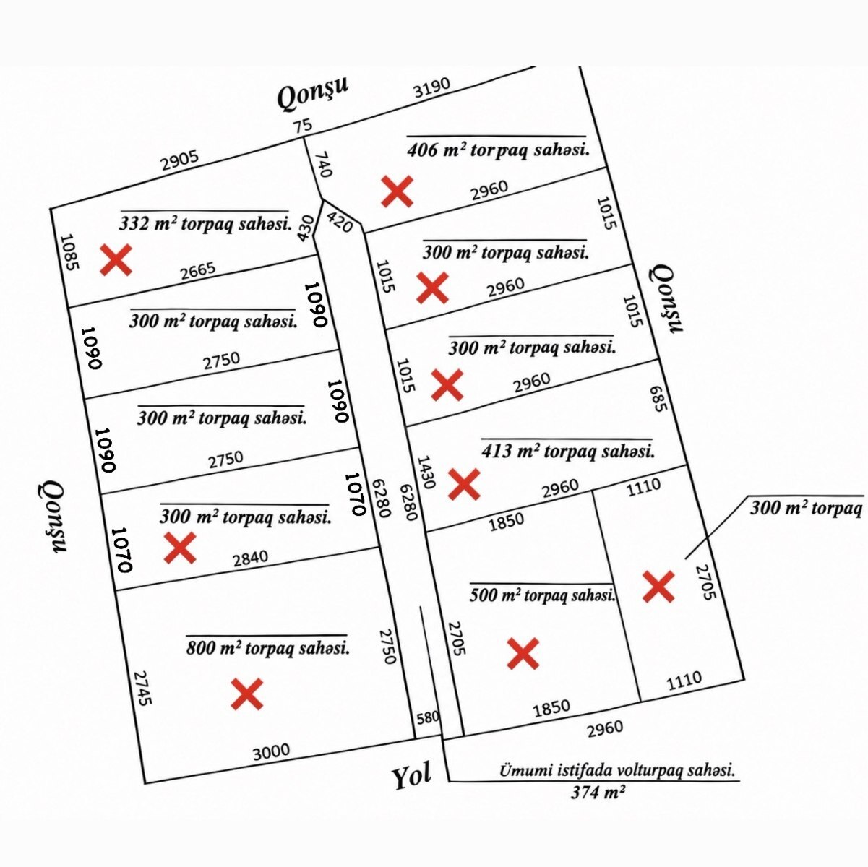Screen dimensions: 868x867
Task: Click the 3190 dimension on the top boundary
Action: (x=432, y=87)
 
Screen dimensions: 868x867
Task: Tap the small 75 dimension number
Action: (x=303, y=125)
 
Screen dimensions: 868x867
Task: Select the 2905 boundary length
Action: (x=180, y=160)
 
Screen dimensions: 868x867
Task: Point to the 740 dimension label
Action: (x=324, y=165)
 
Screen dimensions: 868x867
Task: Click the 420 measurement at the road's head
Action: (x=340, y=221)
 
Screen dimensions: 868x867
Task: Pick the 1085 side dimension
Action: (x=70, y=251)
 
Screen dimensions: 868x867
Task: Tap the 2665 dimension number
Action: (x=198, y=271)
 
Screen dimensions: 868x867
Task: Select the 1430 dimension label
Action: (x=426, y=472)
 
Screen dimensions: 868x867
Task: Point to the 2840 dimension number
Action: (x=251, y=558)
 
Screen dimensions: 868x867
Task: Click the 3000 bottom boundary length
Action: (x=271, y=751)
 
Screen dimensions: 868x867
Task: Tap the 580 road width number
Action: (x=427, y=717)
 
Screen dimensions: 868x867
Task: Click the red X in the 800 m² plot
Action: (x=247, y=694)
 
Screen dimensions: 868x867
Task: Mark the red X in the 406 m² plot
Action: (x=397, y=191)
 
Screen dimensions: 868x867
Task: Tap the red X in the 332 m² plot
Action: (x=116, y=260)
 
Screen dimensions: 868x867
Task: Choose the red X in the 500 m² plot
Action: (x=523, y=653)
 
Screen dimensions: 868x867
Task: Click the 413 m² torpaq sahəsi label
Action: (x=568, y=451)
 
